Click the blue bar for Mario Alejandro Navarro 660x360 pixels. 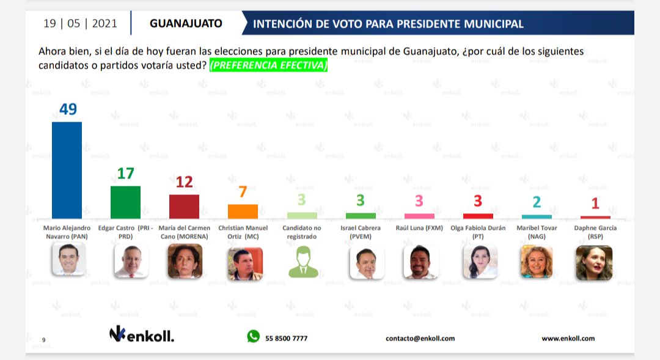click(x=67, y=170)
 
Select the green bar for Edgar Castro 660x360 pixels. click(x=125, y=202)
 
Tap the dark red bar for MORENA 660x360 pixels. click(x=184, y=207)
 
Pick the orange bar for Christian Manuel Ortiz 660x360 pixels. click(x=243, y=211)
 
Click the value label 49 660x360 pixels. click(x=68, y=109)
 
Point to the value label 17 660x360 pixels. click(x=125, y=174)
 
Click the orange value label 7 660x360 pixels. click(x=243, y=192)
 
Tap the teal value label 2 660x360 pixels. click(x=537, y=202)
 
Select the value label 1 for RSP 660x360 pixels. click(x=595, y=204)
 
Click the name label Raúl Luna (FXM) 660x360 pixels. click(x=419, y=228)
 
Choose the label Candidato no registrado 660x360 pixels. click(x=302, y=232)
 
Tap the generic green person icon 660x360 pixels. click(x=303, y=262)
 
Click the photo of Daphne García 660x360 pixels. click(x=594, y=263)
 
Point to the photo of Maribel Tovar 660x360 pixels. click(x=537, y=262)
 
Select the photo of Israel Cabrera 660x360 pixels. click(x=367, y=263)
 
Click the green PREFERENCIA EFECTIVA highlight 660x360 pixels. click(x=268, y=65)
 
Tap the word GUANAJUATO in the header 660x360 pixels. click(x=186, y=24)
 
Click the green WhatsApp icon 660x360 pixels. click(x=254, y=336)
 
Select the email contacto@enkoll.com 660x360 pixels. click(x=420, y=339)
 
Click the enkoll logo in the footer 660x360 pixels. click(x=141, y=334)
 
